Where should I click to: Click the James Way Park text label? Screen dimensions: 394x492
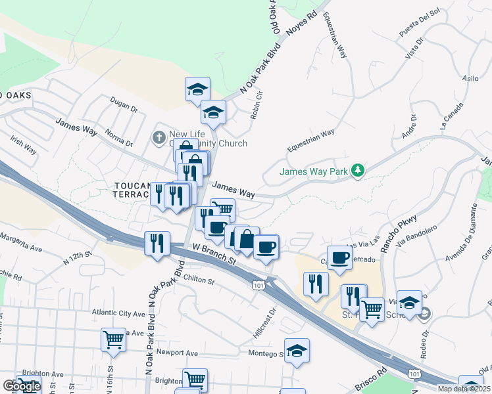pyautogui.click(x=314, y=172)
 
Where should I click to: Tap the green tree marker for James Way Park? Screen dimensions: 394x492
pyautogui.click(x=357, y=171)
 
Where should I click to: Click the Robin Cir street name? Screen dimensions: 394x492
pyautogui.click(x=257, y=104)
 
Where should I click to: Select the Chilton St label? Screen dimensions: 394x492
pyautogui.click(x=199, y=281)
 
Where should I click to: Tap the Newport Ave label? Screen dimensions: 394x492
pyautogui.click(x=177, y=353)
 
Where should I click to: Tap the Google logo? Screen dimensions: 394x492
pyautogui.click(x=21, y=386)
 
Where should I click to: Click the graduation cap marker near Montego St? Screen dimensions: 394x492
pyautogui.click(x=297, y=350)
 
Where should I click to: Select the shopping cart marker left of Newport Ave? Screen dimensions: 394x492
pyautogui.click(x=113, y=341)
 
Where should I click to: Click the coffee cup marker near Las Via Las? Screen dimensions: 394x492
pyautogui.click(x=339, y=257)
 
